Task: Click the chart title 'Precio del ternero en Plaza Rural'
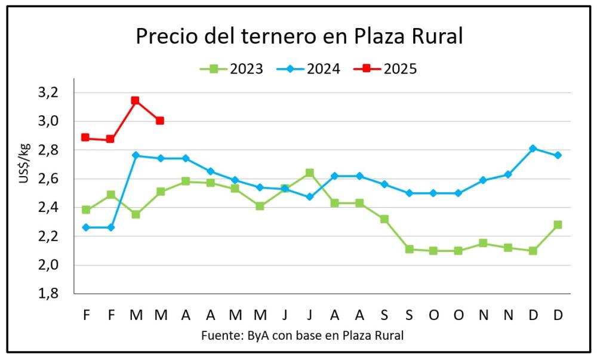299,36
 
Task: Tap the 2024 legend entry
309,69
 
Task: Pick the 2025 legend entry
386,69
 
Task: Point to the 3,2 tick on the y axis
49,93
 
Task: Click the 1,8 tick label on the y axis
49,294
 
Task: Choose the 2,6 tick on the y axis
49,179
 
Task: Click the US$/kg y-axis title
24,162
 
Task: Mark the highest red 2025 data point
136,100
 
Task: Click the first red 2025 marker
86,137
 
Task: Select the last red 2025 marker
160,121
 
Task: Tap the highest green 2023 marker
309,173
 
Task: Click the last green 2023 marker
558,224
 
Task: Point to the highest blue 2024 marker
533,149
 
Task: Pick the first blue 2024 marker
86,227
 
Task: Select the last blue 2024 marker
558,155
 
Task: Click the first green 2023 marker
86,210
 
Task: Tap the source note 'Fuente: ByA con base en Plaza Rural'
302,336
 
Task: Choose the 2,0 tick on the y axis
49,265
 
